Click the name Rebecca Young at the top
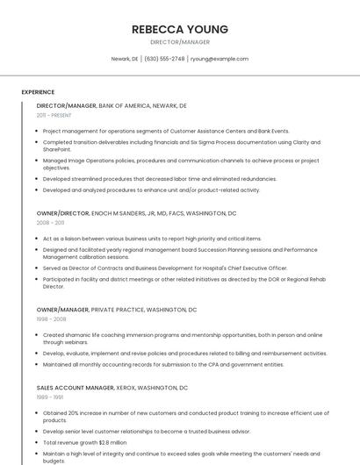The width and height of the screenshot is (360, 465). pyautogui.click(x=179, y=29)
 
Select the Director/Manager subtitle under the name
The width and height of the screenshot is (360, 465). pyautogui.click(x=179, y=41)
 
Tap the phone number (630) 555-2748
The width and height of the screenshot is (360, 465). pyautogui.click(x=164, y=59)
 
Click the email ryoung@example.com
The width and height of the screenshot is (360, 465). pyautogui.click(x=220, y=59)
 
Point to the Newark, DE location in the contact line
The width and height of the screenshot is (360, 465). pyautogui.click(x=124, y=59)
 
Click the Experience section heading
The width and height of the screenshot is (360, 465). pyautogui.click(x=38, y=92)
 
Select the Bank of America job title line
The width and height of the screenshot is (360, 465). pyautogui.click(x=112, y=105)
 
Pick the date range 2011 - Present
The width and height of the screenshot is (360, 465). pyautogui.click(x=54, y=115)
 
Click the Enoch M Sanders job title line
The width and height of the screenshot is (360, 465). pyautogui.click(x=136, y=213)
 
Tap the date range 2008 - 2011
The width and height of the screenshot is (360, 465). pyautogui.click(x=50, y=223)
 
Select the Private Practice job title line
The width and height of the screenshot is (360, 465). pyautogui.click(x=117, y=310)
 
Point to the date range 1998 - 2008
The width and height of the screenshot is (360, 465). pyautogui.click(x=51, y=319)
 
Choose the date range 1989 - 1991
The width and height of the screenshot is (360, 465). pyautogui.click(x=49, y=397)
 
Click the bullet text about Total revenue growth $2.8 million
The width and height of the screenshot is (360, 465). pyautogui.click(x=85, y=443)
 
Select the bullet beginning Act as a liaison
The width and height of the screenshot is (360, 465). pyautogui.click(x=152, y=239)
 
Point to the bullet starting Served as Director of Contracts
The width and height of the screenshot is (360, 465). pyautogui.click(x=165, y=268)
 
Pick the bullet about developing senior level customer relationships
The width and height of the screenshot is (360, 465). pyautogui.click(x=147, y=432)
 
